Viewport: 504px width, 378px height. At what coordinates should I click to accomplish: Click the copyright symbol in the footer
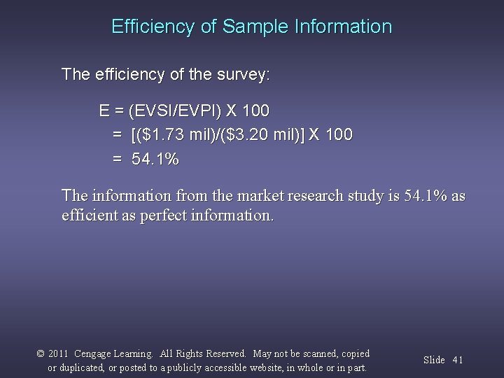pos(39,354)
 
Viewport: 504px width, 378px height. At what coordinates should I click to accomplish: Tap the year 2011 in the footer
pos(59,354)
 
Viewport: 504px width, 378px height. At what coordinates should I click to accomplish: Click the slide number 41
pos(458,360)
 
